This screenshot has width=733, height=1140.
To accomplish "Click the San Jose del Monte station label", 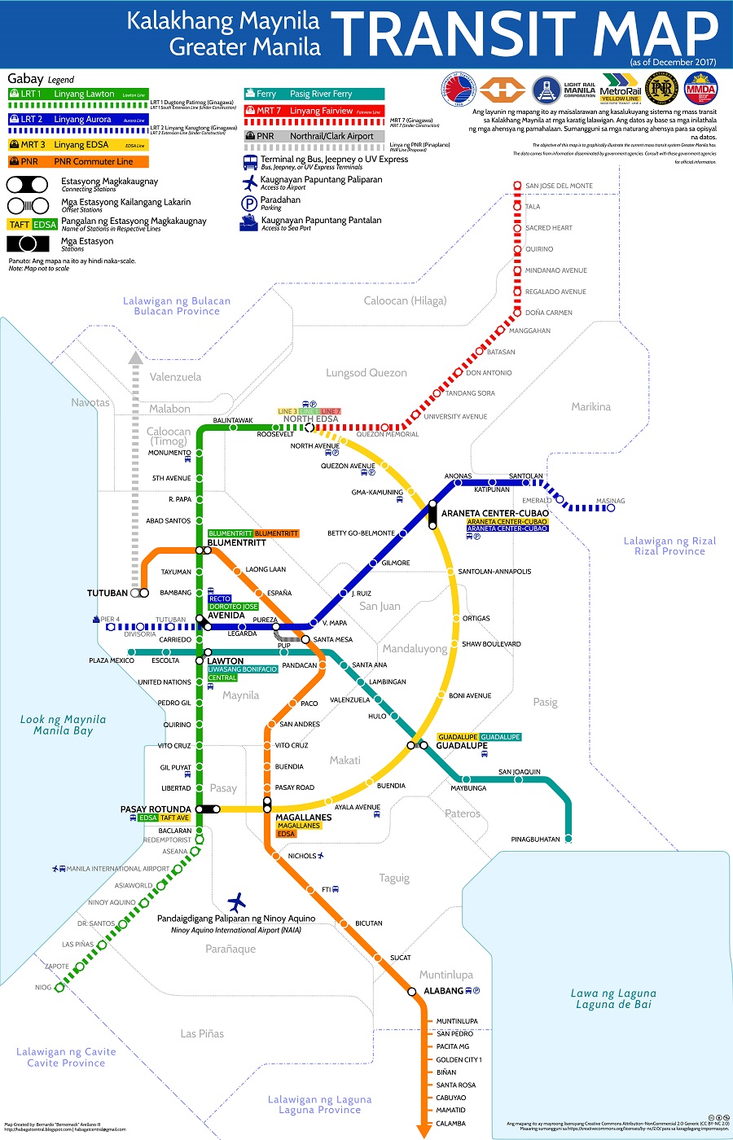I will pyautogui.click(x=559, y=186).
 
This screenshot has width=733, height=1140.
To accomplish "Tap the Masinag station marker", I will pyautogui.click(x=611, y=508).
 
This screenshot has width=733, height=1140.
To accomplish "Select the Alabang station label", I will pyautogui.click(x=443, y=991).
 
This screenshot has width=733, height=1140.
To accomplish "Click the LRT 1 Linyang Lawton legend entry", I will pyautogui.click(x=77, y=94).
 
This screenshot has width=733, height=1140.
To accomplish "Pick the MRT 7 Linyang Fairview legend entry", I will pyautogui.click(x=314, y=111).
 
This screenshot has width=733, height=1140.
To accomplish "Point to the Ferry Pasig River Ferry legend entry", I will pyautogui.click(x=314, y=94).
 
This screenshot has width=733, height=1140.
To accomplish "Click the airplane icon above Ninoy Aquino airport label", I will pyautogui.click(x=236, y=901).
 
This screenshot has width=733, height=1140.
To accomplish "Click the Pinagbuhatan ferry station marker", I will pyautogui.click(x=568, y=838).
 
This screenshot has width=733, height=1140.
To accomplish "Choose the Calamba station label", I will pyautogui.click(x=450, y=1123).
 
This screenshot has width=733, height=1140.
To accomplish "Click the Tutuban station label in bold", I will pyautogui.click(x=108, y=593).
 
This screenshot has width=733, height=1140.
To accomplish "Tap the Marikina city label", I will pyautogui.click(x=590, y=406).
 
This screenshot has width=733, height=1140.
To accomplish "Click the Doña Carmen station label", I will pyautogui.click(x=548, y=313).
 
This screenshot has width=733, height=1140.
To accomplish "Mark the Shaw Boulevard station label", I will pyautogui.click(x=491, y=644).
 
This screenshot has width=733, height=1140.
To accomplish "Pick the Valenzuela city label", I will pyautogui.click(x=175, y=377).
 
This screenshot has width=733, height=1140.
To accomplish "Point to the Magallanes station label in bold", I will pyautogui.click(x=304, y=817).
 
